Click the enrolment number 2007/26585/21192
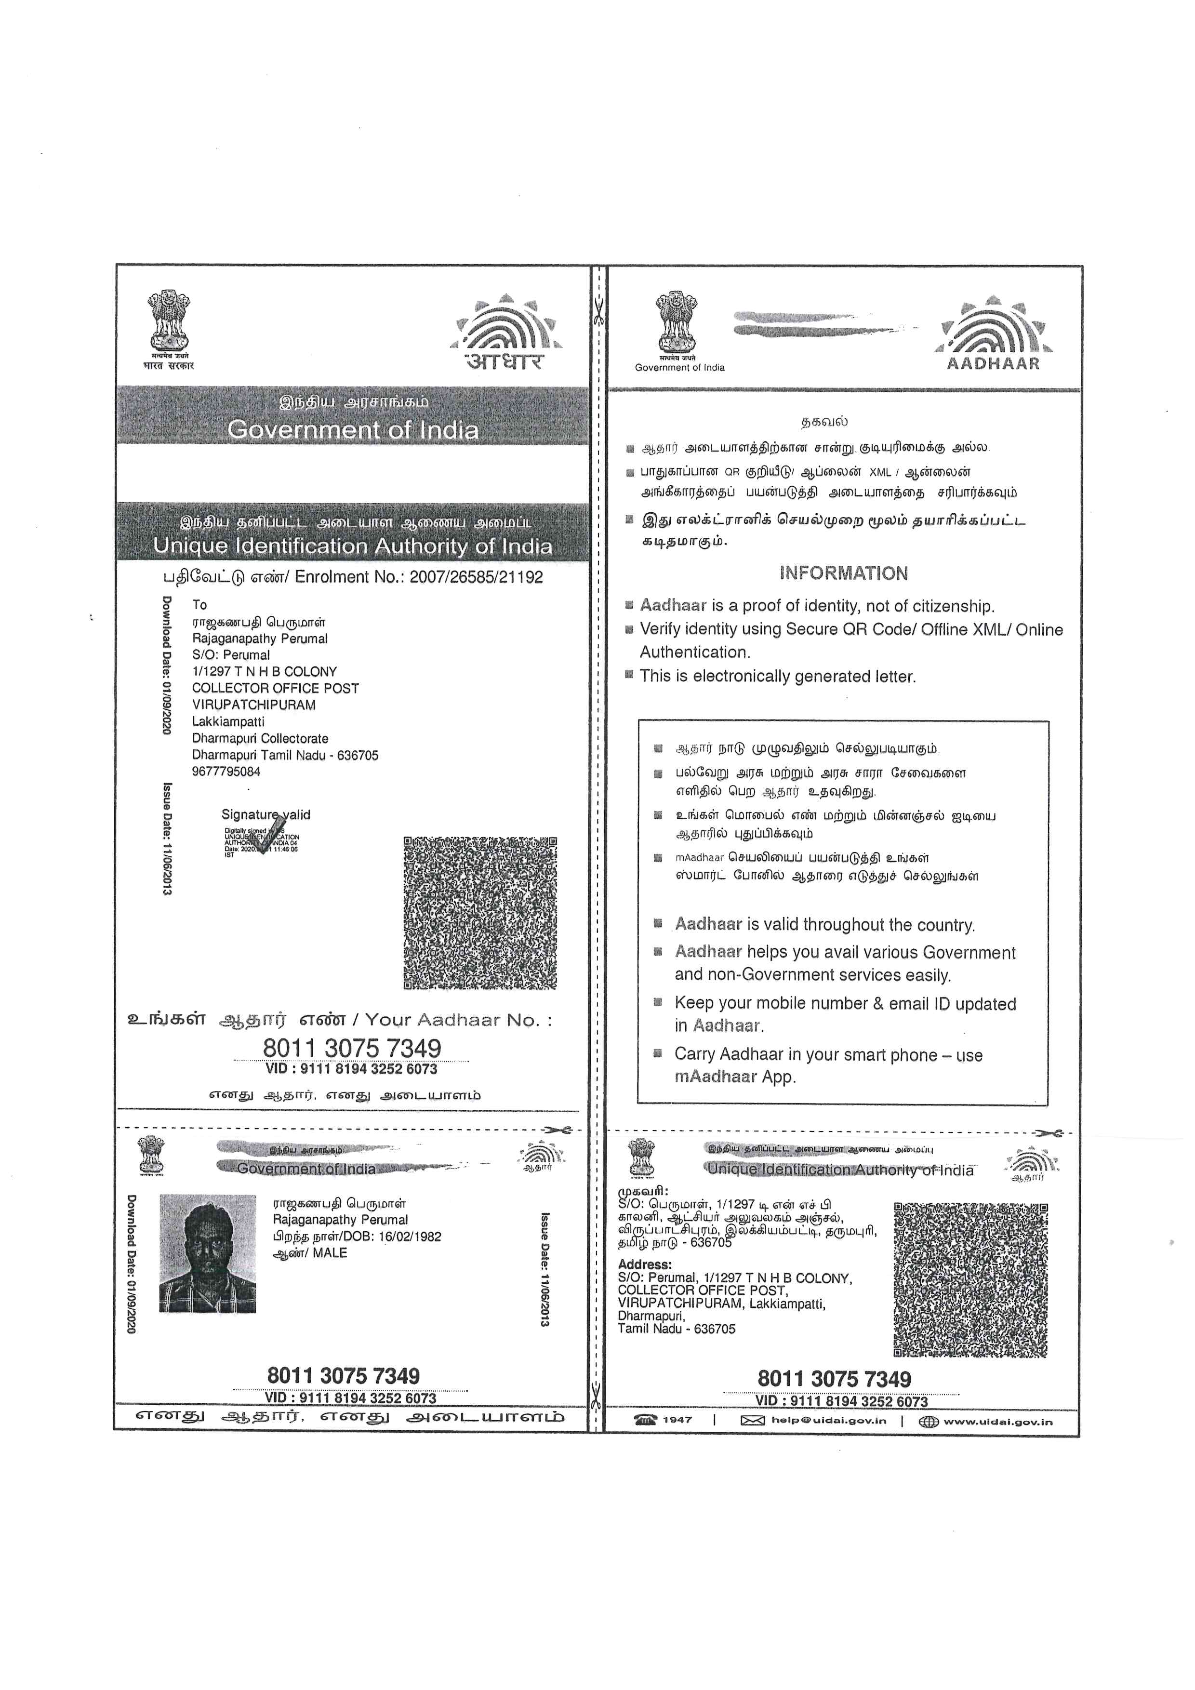(x=476, y=577)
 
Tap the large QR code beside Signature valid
(x=480, y=913)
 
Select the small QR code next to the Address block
(x=970, y=1280)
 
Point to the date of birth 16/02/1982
(x=410, y=1237)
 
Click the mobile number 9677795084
(x=226, y=772)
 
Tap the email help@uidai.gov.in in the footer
(x=829, y=1421)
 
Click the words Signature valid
(x=266, y=815)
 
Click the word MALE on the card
(x=330, y=1253)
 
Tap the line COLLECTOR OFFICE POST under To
(x=275, y=688)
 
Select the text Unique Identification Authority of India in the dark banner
(x=352, y=546)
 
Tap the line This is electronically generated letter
(x=777, y=677)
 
